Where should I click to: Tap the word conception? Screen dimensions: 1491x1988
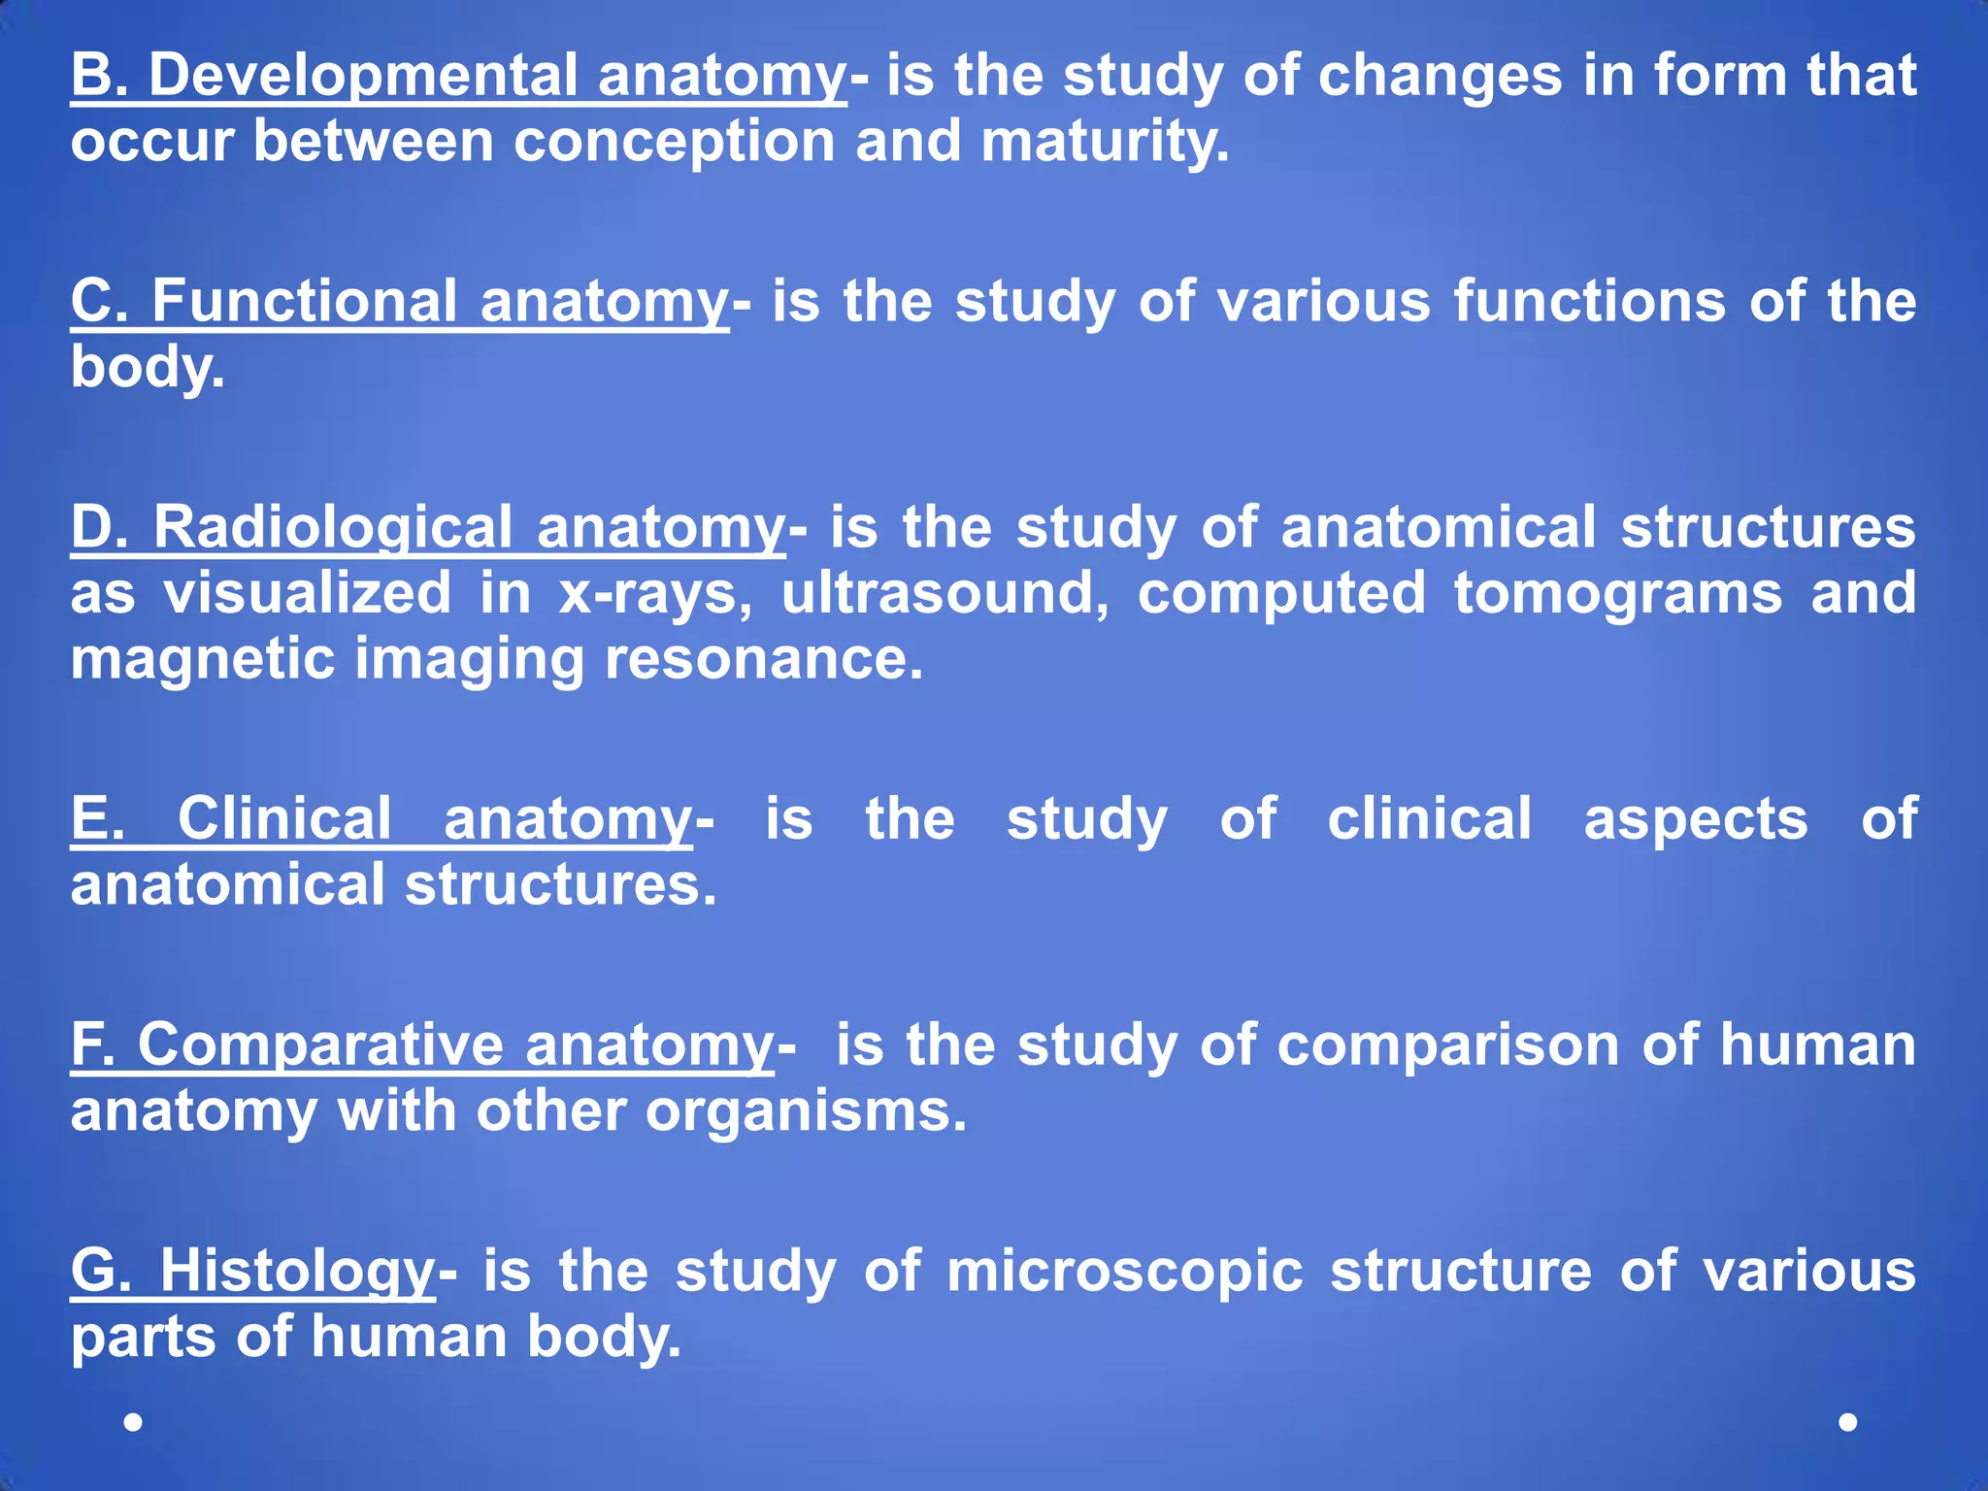[x=674, y=142]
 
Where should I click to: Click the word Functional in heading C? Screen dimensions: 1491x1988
[x=304, y=301]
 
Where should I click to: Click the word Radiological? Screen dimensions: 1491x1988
[x=332, y=527]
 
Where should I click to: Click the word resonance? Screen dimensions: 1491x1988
[x=763, y=659]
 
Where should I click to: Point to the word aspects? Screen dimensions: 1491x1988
[x=1696, y=819]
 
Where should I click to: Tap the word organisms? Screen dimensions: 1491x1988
[x=806, y=1111]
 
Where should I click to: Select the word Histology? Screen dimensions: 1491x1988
[x=298, y=1272]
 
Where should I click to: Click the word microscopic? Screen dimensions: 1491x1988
[x=1124, y=1272]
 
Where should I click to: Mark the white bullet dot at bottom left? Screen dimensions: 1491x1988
[x=134, y=1422]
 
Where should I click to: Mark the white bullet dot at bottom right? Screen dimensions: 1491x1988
[x=1848, y=1422]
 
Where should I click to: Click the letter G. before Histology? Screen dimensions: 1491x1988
[x=101, y=1272]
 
